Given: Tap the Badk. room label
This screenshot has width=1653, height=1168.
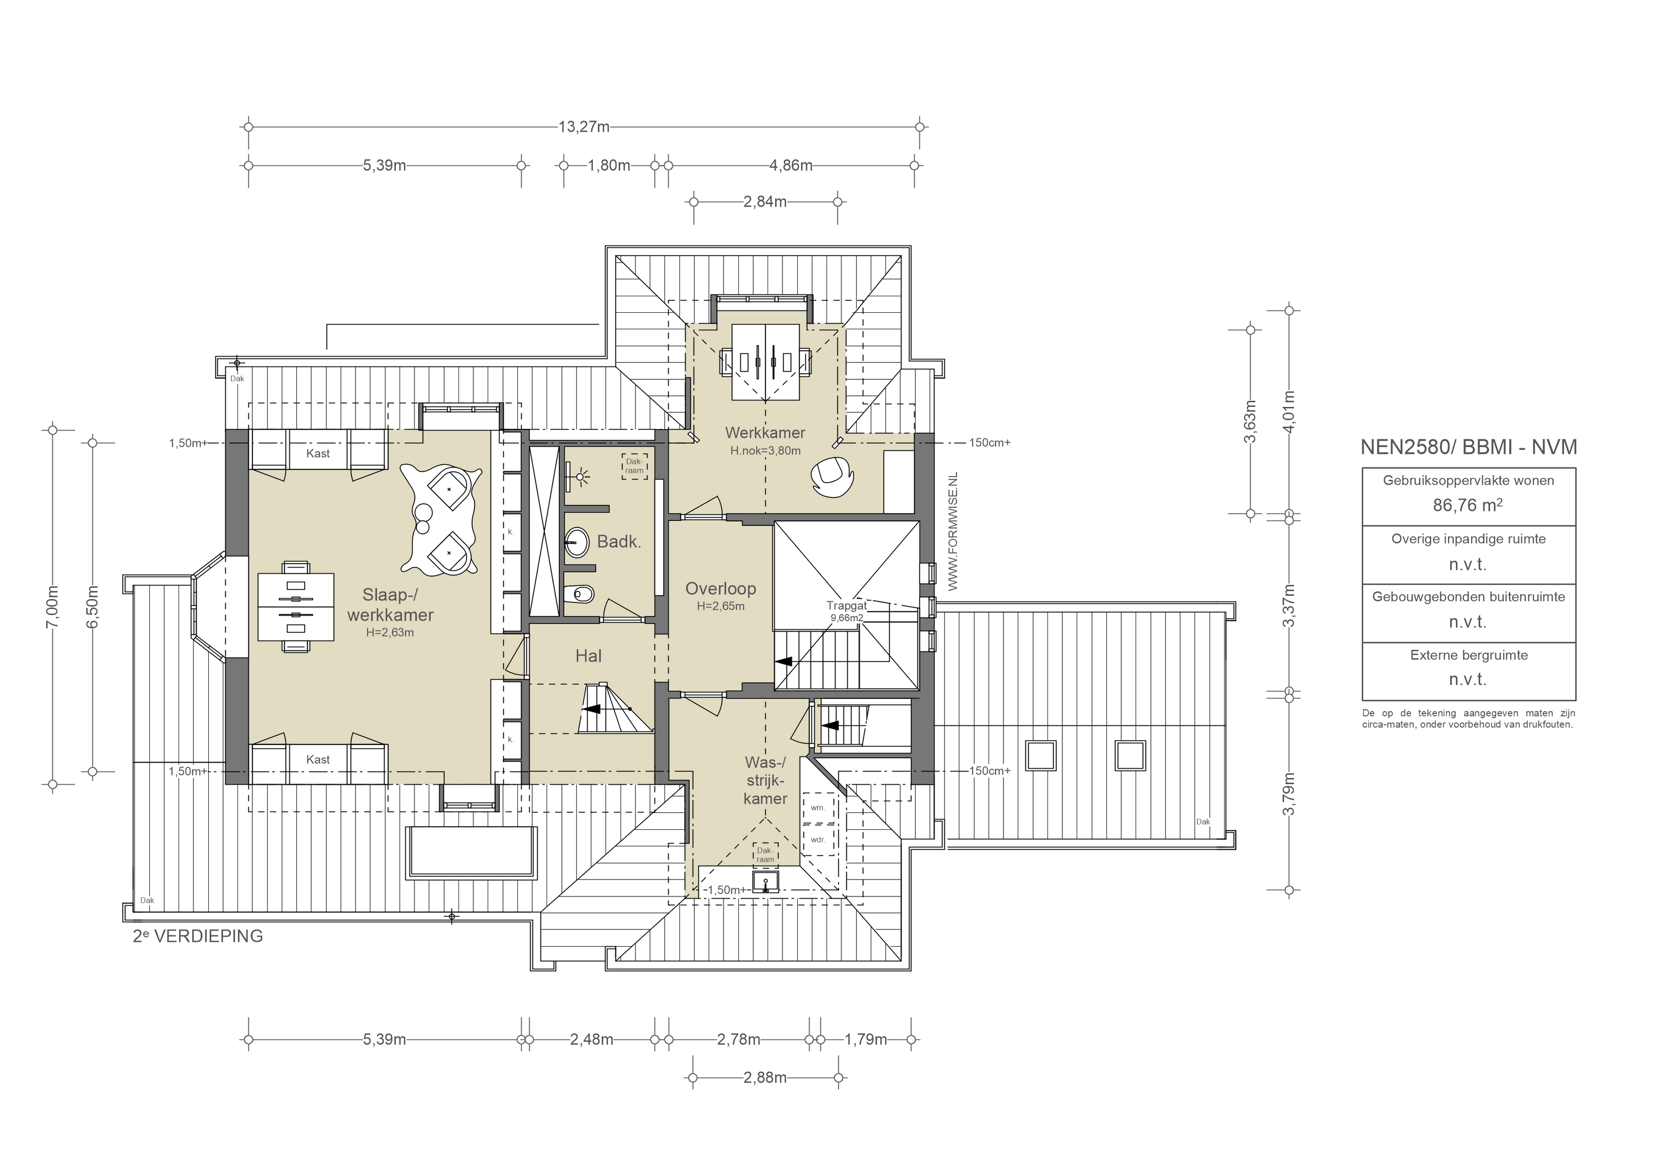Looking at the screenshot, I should point(618,542).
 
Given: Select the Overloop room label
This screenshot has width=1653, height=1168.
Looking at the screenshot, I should point(720,589).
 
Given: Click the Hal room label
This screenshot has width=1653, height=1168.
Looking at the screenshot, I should point(588,656).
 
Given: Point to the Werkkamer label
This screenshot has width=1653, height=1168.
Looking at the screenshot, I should point(765,432).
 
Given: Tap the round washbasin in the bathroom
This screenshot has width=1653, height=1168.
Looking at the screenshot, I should point(577,541).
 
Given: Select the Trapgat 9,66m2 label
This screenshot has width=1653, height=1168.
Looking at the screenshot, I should point(846,611).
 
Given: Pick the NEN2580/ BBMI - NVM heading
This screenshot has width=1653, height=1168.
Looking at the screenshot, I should point(1468,447).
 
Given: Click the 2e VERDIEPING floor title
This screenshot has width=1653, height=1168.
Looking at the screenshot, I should point(198,936).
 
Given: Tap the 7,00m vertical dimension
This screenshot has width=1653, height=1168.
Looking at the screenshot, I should point(52,607).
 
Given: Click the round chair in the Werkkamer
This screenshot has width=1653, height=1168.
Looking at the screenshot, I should point(831,476).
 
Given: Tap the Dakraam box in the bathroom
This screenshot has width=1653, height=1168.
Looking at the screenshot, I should point(634,466).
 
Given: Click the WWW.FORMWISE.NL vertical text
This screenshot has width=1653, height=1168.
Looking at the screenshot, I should point(954,533).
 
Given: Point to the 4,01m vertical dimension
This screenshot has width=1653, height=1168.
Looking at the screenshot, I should point(1289,412).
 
